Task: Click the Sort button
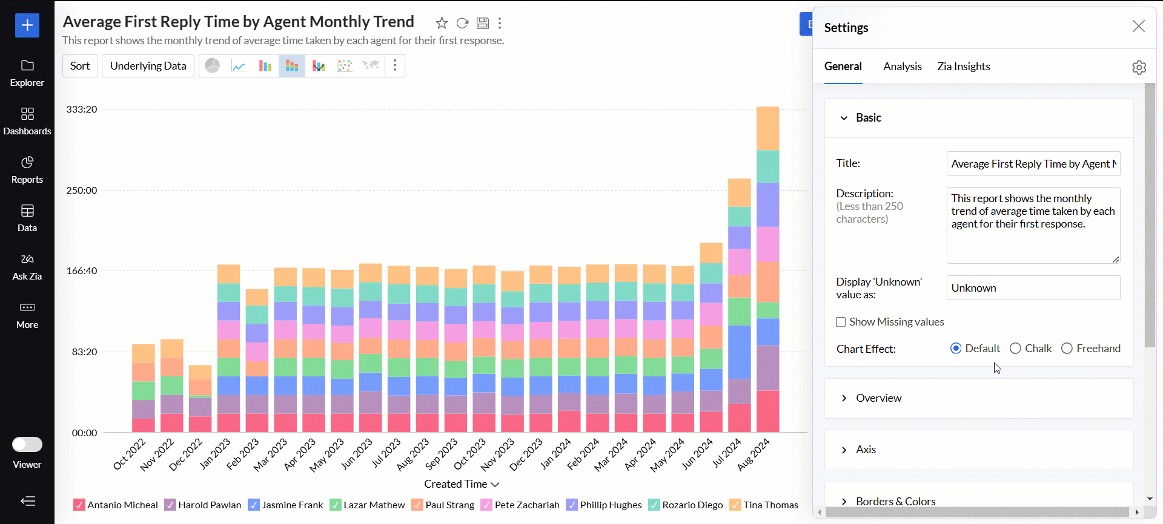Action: tap(80, 66)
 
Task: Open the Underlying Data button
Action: tap(148, 66)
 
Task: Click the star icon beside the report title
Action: tap(442, 23)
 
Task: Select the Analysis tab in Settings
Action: tap(902, 67)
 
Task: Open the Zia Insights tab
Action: tap(963, 67)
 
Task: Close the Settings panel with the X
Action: tap(1138, 26)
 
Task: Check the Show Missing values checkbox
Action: tap(841, 322)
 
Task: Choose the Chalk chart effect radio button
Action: tap(1016, 349)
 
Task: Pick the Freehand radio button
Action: tap(1067, 349)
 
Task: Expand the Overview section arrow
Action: tap(844, 398)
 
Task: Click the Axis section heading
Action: tap(866, 450)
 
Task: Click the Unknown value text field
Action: tap(1033, 288)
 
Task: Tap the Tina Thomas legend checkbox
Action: tap(735, 505)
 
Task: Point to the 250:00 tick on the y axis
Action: tap(82, 190)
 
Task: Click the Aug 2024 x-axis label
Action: tap(754, 454)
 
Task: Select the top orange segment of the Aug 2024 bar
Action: tap(767, 128)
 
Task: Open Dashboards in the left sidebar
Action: tap(27, 121)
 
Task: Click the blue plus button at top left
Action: tap(27, 25)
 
